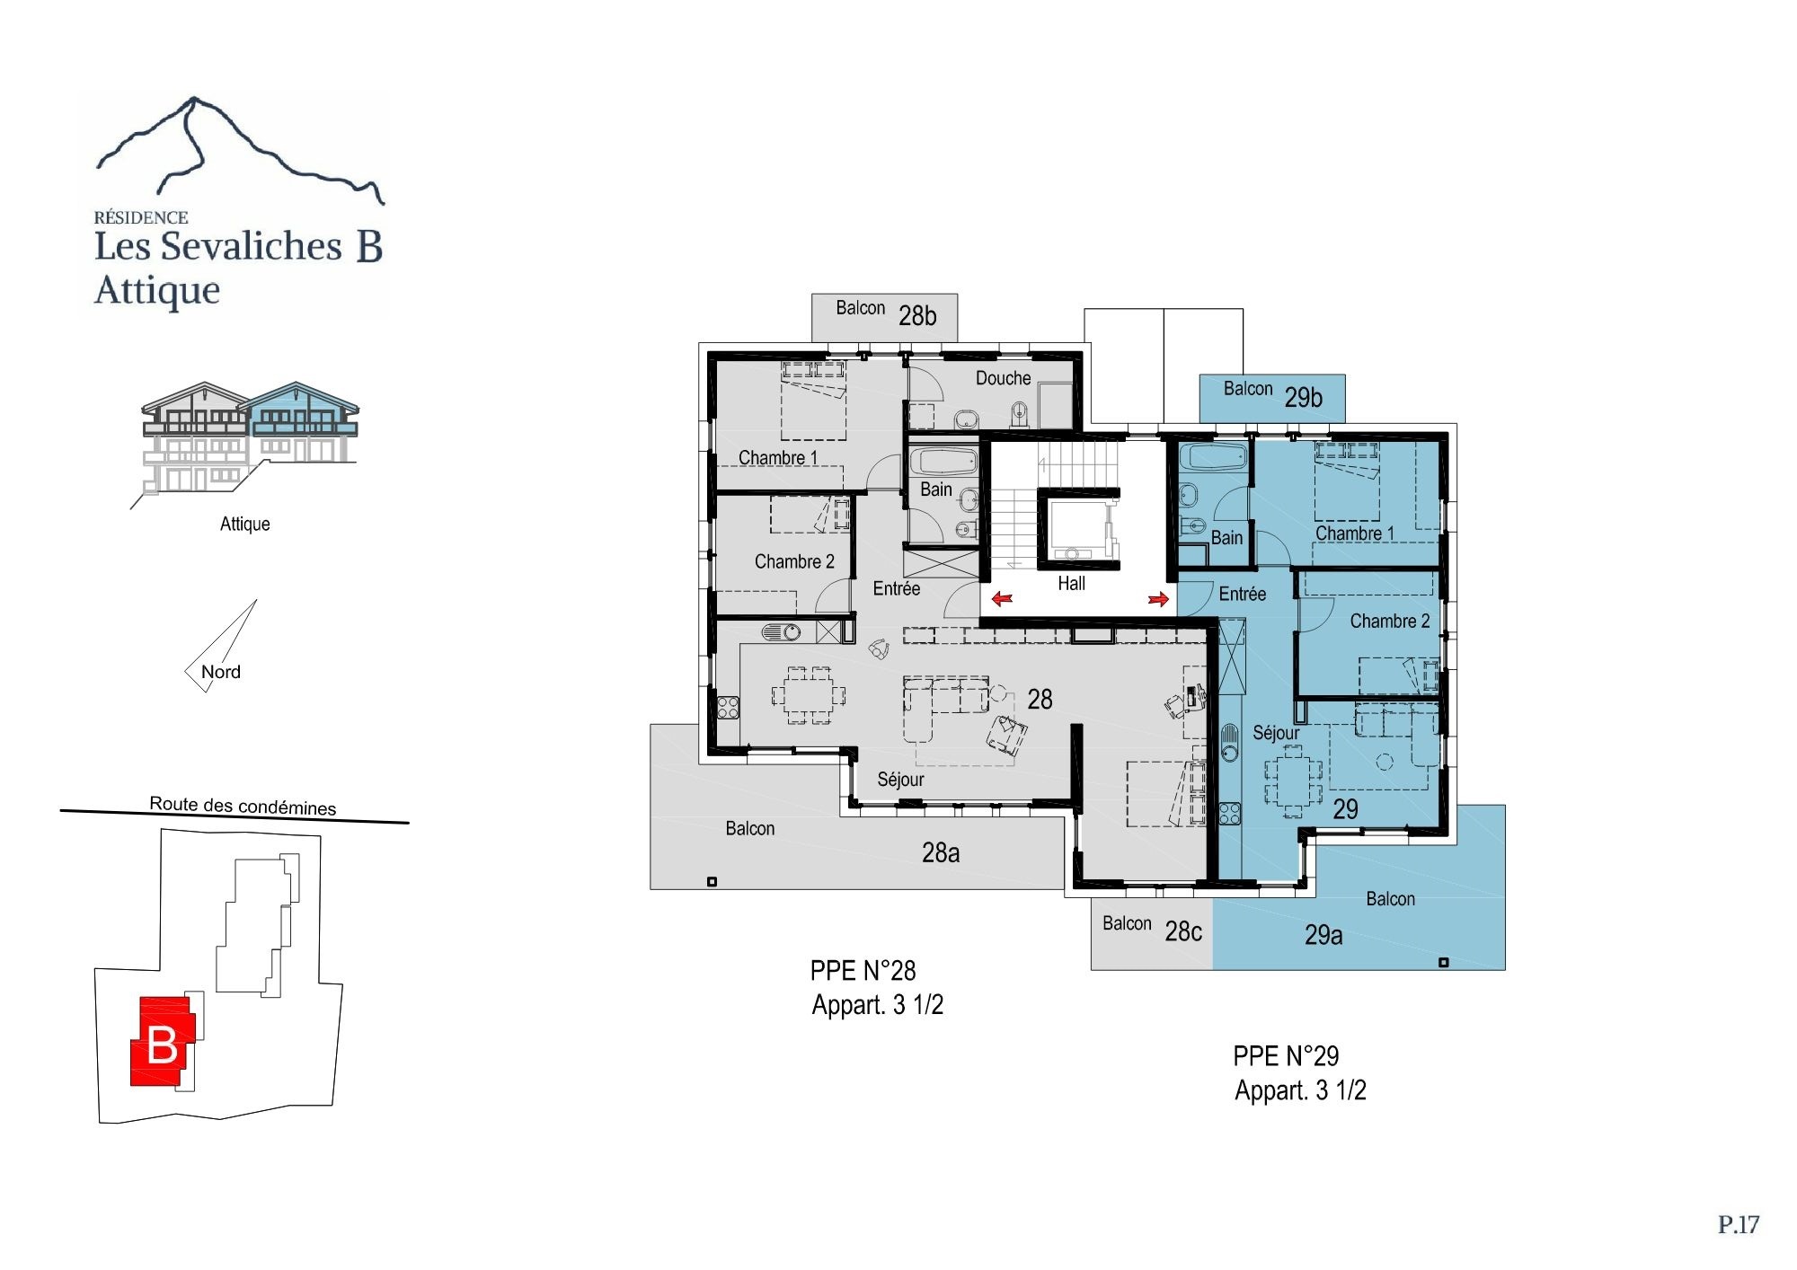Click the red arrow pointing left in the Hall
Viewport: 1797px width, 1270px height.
tap(1002, 598)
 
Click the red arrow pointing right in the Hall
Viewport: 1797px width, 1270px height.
tap(1158, 598)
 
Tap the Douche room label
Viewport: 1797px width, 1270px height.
tap(1003, 378)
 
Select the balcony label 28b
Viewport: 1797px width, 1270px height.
tap(917, 316)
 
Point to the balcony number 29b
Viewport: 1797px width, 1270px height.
tap(1303, 397)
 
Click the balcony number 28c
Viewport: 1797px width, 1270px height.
tap(1183, 931)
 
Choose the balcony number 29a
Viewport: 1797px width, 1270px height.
tap(1323, 935)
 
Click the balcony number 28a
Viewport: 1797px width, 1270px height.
tap(941, 852)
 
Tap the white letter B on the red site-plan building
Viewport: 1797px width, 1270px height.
tap(162, 1045)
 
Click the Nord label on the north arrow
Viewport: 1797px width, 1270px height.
tap(221, 672)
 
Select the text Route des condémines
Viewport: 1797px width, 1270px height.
tap(243, 806)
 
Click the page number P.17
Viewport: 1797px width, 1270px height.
tap(1739, 1225)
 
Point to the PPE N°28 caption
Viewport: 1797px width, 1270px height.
tap(863, 971)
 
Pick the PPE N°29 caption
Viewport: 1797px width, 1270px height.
tap(1286, 1056)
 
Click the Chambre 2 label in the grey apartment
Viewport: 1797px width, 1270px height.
tap(794, 561)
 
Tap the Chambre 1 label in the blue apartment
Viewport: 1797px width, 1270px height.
tap(1355, 534)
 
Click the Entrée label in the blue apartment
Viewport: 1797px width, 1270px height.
tap(1243, 594)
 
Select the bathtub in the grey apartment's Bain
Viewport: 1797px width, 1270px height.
tap(943, 463)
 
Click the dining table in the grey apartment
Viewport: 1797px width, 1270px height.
tap(809, 694)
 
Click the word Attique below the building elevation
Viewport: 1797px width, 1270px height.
tap(245, 524)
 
